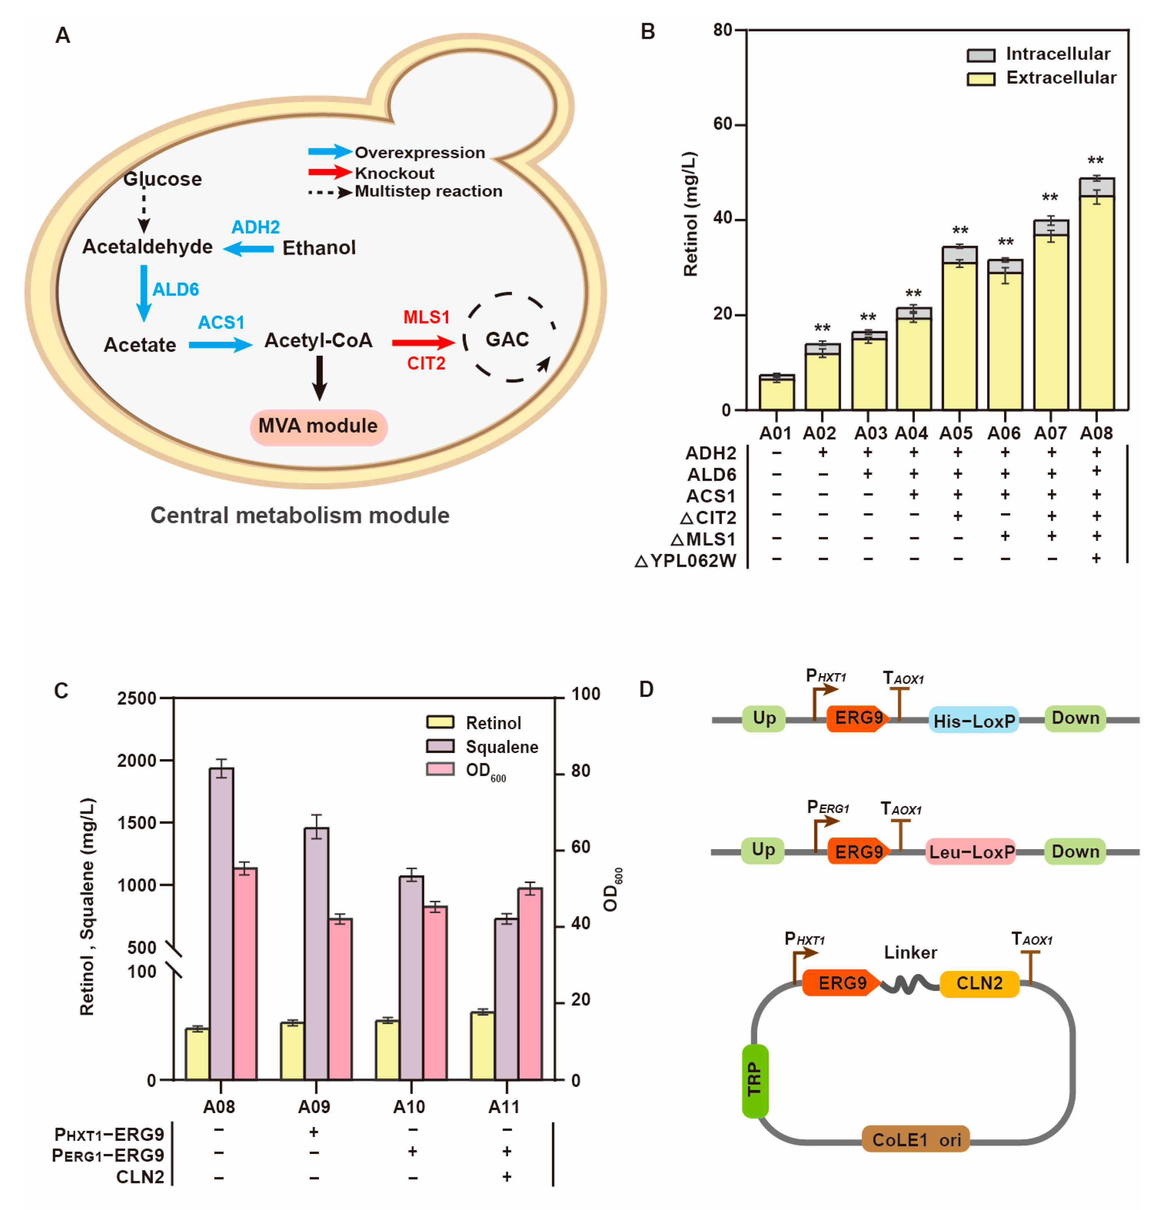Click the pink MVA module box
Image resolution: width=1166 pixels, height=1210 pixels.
pos(318,426)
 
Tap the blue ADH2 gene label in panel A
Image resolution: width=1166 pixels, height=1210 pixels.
pos(255,227)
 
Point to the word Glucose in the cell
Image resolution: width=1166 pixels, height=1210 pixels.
pos(162,179)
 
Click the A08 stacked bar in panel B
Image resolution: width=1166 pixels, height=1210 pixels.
pos(1096,296)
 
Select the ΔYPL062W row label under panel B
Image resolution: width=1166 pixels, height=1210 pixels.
pos(685,560)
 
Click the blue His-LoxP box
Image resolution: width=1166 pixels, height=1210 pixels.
pos(973,720)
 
